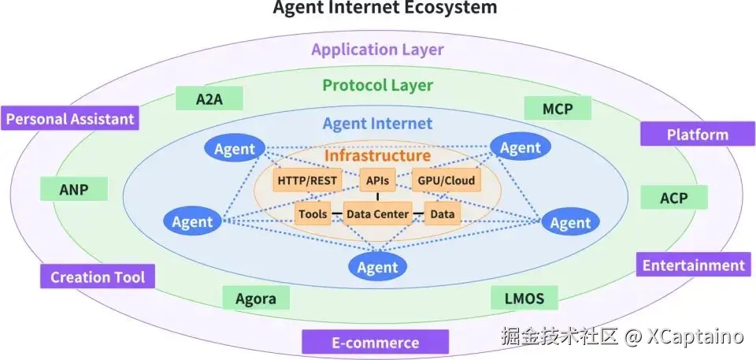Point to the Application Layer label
[377, 50]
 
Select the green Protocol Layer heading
[377, 85]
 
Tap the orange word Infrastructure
[377, 155]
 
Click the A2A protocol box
[209, 98]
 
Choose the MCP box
[557, 109]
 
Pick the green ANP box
[73, 189]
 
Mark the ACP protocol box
[673, 199]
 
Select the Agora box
[256, 299]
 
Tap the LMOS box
[524, 299]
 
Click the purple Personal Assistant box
[71, 120]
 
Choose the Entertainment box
[693, 265]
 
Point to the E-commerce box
[375, 343]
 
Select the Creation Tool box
[98, 276]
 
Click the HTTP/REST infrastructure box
[306, 181]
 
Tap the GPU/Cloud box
[446, 181]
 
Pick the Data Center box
[377, 213]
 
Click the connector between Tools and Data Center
[336, 213]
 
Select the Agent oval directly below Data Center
[377, 267]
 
